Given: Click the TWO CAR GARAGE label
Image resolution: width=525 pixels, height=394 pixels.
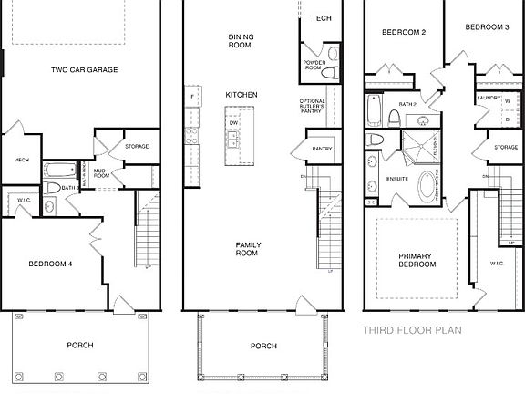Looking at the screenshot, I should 84,69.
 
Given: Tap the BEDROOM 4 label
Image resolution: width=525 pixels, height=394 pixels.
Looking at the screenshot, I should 50,264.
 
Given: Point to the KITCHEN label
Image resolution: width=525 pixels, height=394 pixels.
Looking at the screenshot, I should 242,94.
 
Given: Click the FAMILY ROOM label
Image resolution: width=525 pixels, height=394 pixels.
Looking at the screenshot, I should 247,249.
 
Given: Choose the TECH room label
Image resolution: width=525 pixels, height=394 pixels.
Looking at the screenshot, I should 321,18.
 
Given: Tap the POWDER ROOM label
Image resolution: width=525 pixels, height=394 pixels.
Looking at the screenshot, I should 314,65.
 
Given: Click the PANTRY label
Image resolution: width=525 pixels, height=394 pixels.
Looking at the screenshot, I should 322,148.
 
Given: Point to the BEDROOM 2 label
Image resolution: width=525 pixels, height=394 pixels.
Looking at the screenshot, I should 404,32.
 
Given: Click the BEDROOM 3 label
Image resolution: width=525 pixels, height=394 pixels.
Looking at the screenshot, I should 487,27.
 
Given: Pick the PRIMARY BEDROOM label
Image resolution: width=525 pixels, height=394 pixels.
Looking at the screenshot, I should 417,260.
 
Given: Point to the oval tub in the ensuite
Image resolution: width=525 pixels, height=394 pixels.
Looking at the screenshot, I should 427,189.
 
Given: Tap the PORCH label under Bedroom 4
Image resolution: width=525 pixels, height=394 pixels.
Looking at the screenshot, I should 80,345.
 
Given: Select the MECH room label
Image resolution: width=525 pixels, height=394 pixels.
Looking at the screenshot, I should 22,161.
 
